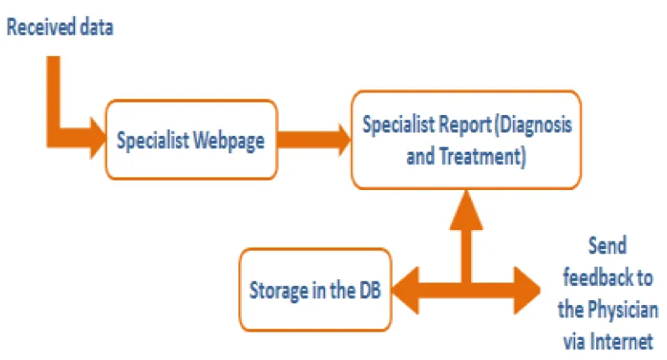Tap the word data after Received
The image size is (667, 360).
97,27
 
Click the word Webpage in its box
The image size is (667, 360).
228,141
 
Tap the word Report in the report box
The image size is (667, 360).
465,125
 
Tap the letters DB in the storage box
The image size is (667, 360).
370,290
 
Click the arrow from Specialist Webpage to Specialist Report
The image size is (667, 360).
314,139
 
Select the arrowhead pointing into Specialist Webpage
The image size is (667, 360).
98,138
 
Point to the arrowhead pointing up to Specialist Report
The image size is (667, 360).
466,210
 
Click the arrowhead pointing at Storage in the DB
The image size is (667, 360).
405,290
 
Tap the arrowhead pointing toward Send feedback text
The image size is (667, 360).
528,290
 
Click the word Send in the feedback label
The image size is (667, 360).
608,246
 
